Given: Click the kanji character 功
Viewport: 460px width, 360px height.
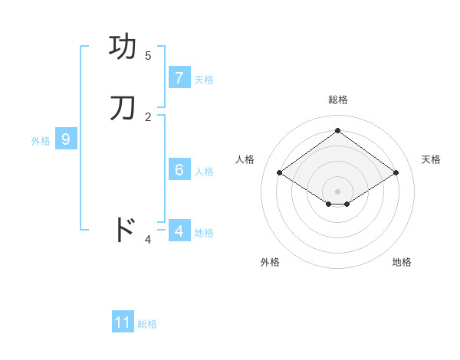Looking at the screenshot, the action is coord(124,47).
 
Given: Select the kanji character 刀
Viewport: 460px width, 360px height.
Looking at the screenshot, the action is coord(123,108).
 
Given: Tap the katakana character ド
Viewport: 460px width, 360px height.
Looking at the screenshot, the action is coord(123,230).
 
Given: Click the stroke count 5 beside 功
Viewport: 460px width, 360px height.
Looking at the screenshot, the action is coord(148,55).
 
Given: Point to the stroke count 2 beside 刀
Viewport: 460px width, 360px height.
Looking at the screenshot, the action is coord(148,116).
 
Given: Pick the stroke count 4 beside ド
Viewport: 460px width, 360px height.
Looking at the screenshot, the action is coord(148,240).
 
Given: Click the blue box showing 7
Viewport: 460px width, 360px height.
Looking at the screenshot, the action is coord(179,78).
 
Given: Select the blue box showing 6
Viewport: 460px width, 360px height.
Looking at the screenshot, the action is coord(179,170).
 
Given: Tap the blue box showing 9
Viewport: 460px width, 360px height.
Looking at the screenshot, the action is coord(66,139).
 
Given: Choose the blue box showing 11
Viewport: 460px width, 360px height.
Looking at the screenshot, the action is coord(123,323).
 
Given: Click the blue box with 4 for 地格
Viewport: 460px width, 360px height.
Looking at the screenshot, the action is coord(179,231).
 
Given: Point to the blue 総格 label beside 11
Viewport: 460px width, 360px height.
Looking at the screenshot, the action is coord(147,324).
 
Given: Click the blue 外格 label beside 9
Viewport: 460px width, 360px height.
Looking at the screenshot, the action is coord(41,141).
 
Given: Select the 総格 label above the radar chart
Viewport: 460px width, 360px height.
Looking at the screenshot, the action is coord(338,100).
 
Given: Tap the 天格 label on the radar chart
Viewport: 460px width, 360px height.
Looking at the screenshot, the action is coord(431,159).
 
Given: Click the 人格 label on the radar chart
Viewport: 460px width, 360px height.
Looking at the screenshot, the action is coord(245,159).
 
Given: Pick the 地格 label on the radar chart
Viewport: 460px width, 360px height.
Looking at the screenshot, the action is coord(402,262).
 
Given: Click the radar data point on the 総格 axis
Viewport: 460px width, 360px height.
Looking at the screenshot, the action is coord(337,131).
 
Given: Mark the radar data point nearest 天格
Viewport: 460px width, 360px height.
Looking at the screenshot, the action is coord(396,173).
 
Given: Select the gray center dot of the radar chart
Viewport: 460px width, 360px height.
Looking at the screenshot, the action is coord(337,191).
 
